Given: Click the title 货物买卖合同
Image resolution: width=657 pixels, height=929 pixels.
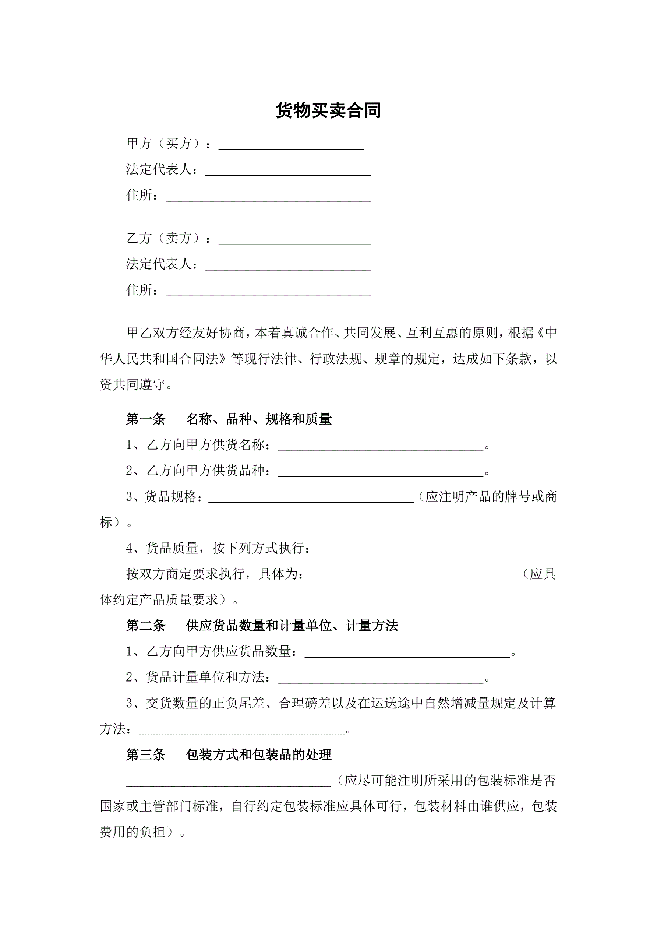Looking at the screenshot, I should (328, 110).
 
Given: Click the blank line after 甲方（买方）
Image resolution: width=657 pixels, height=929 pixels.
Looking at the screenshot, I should (291, 146).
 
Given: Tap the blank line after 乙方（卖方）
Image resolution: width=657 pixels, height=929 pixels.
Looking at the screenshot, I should (294, 240).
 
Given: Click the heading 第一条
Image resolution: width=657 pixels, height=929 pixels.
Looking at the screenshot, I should (146, 419).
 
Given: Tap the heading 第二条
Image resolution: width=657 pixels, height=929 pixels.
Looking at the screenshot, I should (146, 626).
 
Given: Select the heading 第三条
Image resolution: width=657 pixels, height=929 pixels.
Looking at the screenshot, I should (146, 754).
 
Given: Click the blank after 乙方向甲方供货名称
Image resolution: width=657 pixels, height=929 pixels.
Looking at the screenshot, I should (381, 447).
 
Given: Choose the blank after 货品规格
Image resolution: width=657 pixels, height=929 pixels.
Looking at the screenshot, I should (311, 499).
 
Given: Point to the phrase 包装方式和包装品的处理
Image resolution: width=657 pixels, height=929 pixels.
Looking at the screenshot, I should (258, 754).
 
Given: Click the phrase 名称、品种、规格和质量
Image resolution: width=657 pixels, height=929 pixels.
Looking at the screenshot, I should (258, 419).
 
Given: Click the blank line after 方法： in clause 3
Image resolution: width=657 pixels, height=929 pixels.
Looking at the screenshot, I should (241, 731).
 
